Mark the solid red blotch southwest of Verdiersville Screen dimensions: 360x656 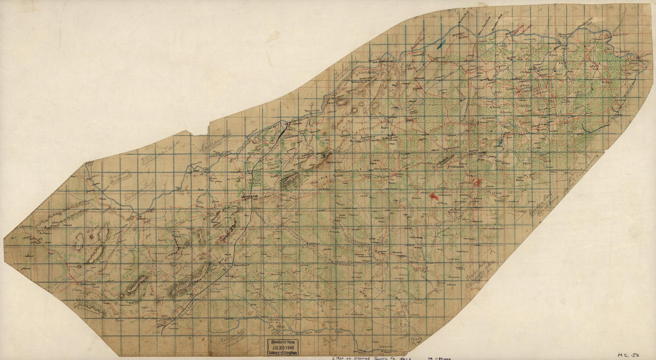(434, 195)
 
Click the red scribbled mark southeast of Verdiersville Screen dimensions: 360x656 (477, 182)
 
